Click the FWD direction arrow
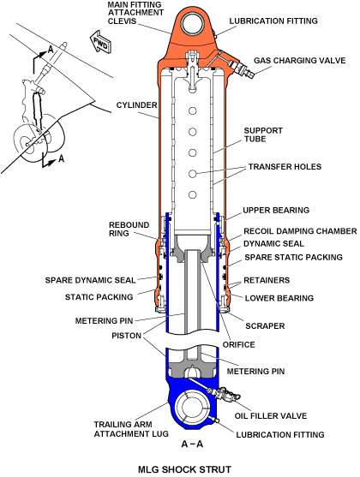coord(99,42)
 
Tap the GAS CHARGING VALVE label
coord(300,61)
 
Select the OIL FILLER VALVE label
coord(271,416)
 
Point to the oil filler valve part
coord(223,394)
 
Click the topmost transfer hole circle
coord(192,110)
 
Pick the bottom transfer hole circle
coord(192,194)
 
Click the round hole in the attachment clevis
coord(193,25)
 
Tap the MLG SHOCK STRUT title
coord(184,469)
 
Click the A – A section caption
coord(192,444)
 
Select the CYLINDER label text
coord(137,105)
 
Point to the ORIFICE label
coord(239,344)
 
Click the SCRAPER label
coord(265,325)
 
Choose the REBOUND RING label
coord(129,229)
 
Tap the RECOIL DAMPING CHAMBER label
coord(300,231)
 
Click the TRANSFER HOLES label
coord(285,167)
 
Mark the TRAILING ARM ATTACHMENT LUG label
coord(131,429)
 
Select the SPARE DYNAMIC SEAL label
coord(91,280)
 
